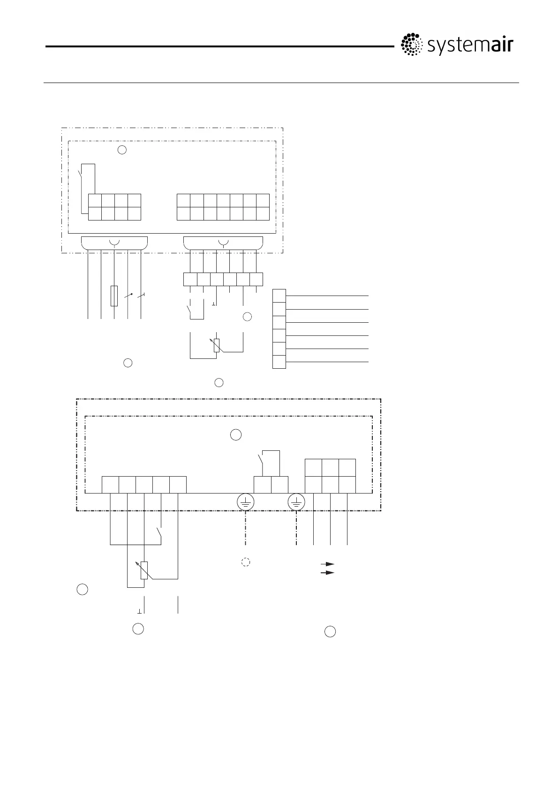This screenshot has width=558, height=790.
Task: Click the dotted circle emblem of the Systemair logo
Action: coord(411,46)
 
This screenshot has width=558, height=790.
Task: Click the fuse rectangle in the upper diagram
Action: coord(114,296)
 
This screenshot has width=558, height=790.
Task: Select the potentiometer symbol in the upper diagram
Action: coord(216,345)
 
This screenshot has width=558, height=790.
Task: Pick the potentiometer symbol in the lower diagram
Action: coord(144,570)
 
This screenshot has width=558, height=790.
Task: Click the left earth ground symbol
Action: coord(245,502)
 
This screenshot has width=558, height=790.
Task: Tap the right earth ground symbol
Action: coord(296,502)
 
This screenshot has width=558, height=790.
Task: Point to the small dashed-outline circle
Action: coord(245,562)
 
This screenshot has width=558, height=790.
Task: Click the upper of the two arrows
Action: coord(327,563)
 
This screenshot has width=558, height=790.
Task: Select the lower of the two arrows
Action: coord(327,573)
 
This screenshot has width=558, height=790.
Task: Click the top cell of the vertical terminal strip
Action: coord(279,296)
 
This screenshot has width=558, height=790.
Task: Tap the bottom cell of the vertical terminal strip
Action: coord(279,362)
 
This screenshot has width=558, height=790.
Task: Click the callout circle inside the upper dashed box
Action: coord(122,150)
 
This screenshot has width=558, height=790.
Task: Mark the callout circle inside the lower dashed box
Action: coord(236,435)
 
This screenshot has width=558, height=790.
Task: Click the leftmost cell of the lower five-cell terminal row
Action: coord(110,485)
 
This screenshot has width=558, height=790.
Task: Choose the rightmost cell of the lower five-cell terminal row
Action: coord(178,485)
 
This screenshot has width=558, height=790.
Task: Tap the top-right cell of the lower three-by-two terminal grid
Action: coord(347,468)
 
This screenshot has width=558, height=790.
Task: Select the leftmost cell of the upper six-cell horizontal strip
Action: coord(190,279)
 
